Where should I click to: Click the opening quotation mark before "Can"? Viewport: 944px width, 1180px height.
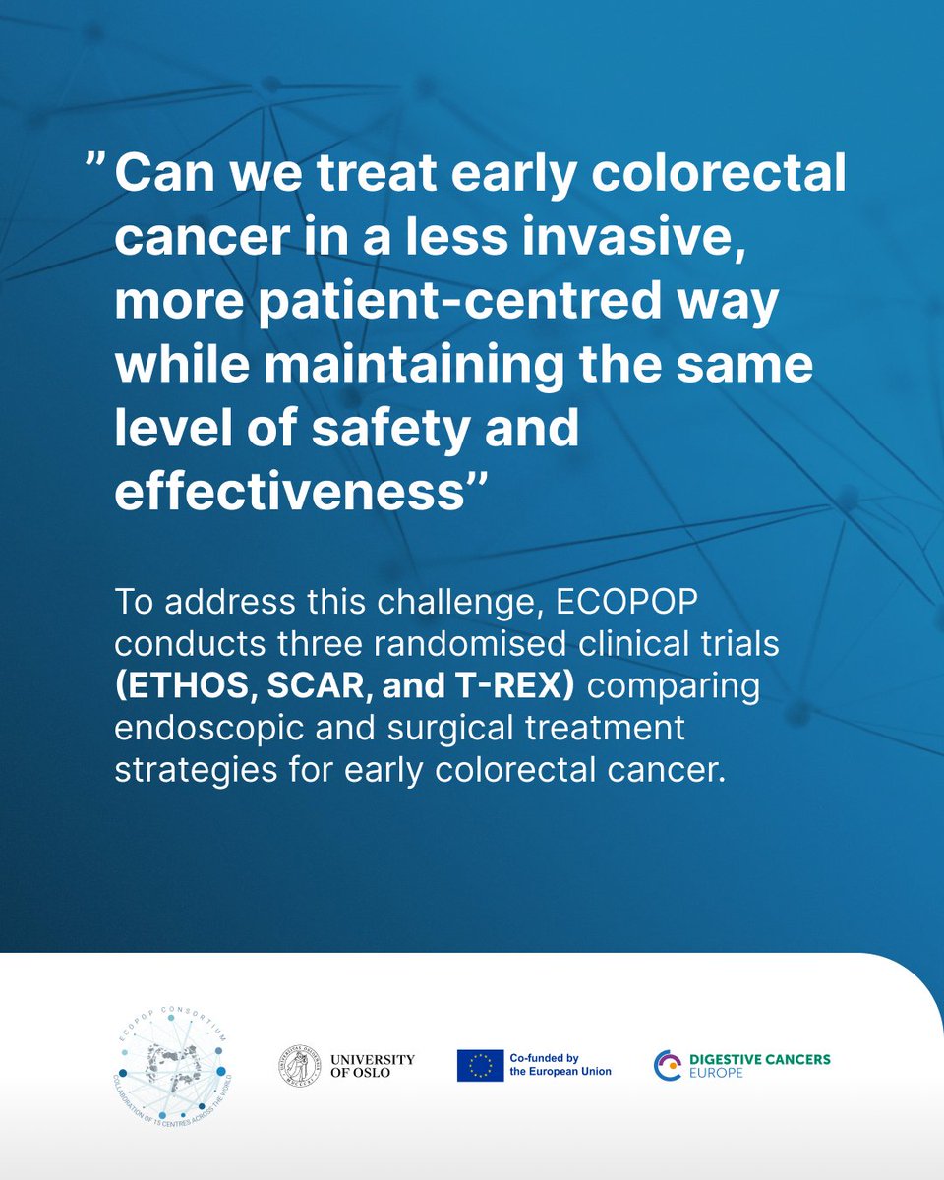[94, 167]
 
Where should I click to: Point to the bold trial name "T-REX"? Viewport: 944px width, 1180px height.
[522, 685]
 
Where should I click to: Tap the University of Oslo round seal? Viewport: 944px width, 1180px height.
[300, 1064]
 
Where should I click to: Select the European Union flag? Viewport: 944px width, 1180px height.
[480, 1065]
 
